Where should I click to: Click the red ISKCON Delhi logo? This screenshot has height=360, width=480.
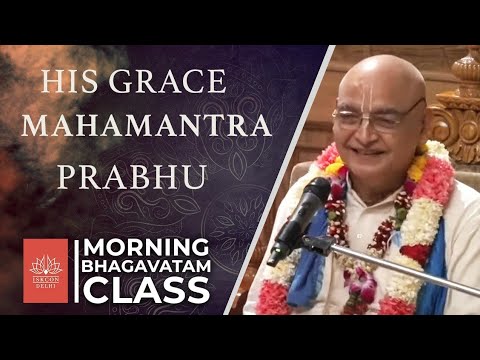45,270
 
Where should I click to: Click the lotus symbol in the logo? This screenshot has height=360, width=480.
45,264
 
